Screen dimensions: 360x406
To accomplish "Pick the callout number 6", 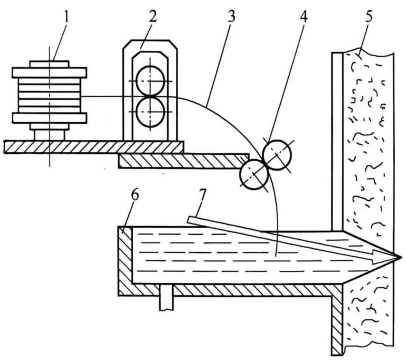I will pyautogui.click(x=134, y=194).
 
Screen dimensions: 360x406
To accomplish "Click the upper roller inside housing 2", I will pyautogui.click(x=150, y=80).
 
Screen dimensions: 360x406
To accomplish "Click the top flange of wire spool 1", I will pyautogui.click(x=49, y=72).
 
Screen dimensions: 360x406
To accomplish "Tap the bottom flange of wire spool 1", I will pyautogui.click(x=49, y=117).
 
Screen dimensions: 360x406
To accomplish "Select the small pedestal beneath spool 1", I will pyautogui.click(x=49, y=134).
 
